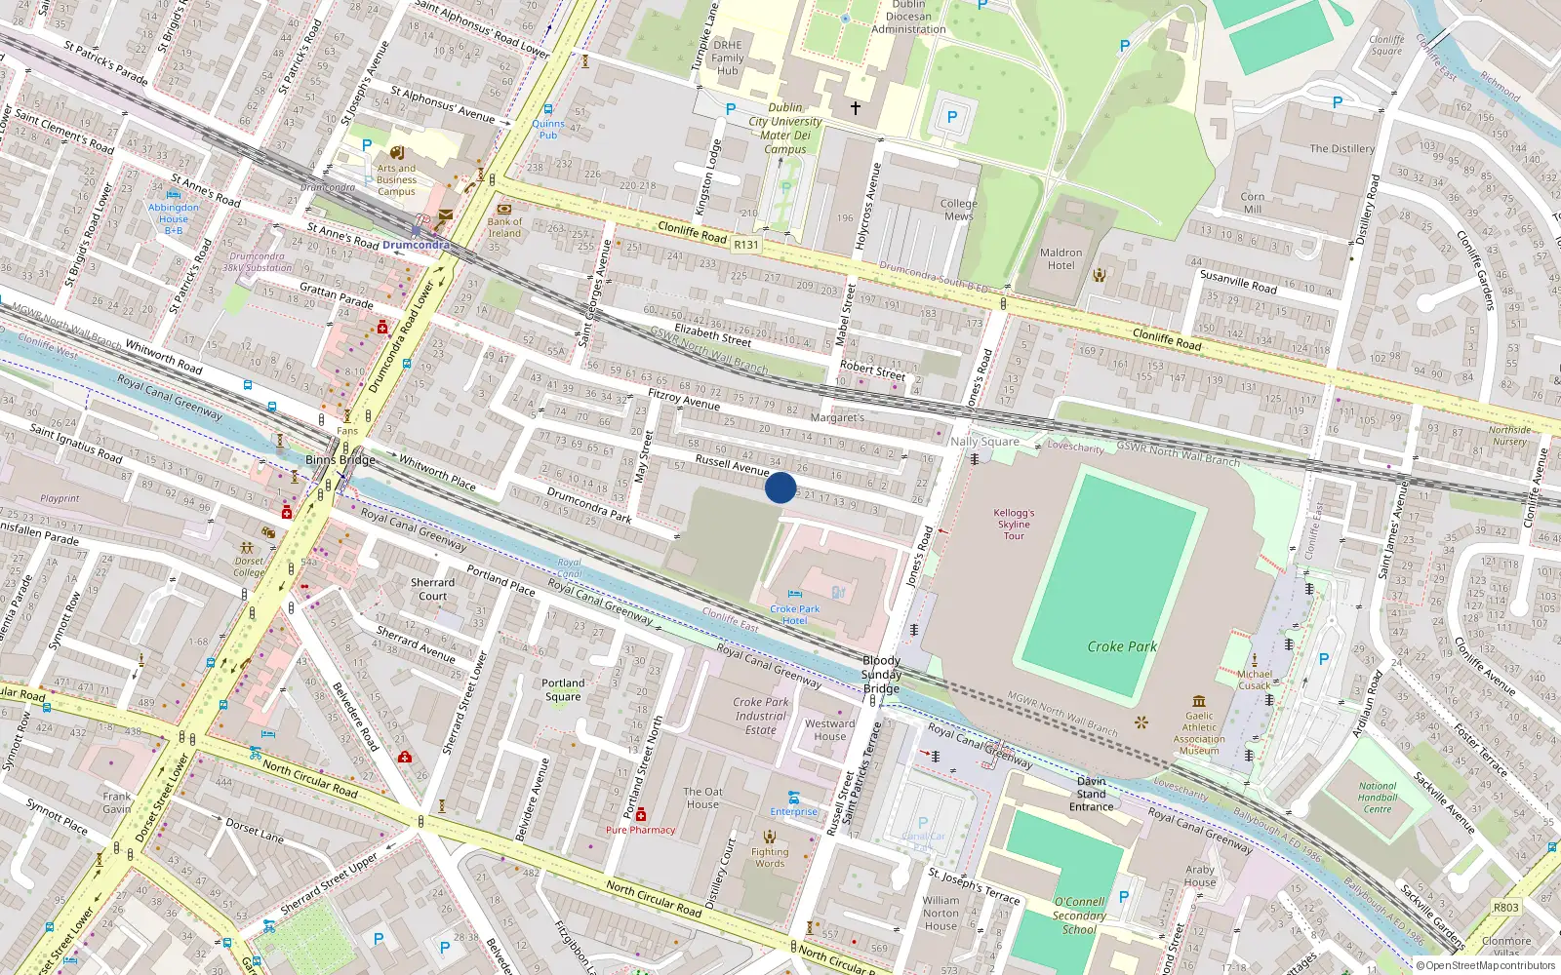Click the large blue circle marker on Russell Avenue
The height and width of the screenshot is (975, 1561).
click(780, 487)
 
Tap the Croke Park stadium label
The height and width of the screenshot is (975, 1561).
click(1122, 646)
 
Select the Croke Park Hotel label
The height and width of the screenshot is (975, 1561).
click(794, 614)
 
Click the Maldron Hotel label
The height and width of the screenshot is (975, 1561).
click(1061, 258)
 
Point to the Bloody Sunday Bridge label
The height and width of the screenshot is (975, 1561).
click(881, 675)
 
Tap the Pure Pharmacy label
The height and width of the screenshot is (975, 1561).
click(640, 830)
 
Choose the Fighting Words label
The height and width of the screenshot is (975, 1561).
click(769, 857)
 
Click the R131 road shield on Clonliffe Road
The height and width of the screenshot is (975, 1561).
click(745, 245)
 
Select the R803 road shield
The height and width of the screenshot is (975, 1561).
click(1505, 907)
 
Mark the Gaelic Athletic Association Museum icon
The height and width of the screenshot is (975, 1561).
click(1199, 701)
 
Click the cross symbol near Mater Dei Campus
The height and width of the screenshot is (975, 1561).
click(855, 108)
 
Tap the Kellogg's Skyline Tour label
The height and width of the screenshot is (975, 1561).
click(1014, 524)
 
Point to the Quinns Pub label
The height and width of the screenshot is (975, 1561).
click(548, 129)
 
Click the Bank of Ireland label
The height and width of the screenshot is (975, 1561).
click(504, 227)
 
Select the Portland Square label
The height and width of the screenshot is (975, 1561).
click(563, 689)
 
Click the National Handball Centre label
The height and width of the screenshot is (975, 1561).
click(1378, 797)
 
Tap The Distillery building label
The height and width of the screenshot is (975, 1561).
click(1341, 148)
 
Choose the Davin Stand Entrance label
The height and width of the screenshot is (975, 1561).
click(1091, 794)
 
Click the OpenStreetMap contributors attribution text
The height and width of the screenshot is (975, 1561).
click(1485, 965)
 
